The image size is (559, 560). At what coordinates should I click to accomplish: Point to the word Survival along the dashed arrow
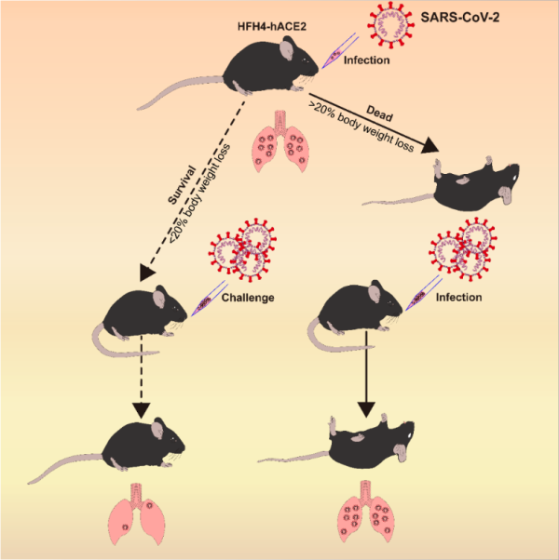[175, 186]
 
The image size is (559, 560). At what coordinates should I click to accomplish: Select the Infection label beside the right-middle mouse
[457, 299]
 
